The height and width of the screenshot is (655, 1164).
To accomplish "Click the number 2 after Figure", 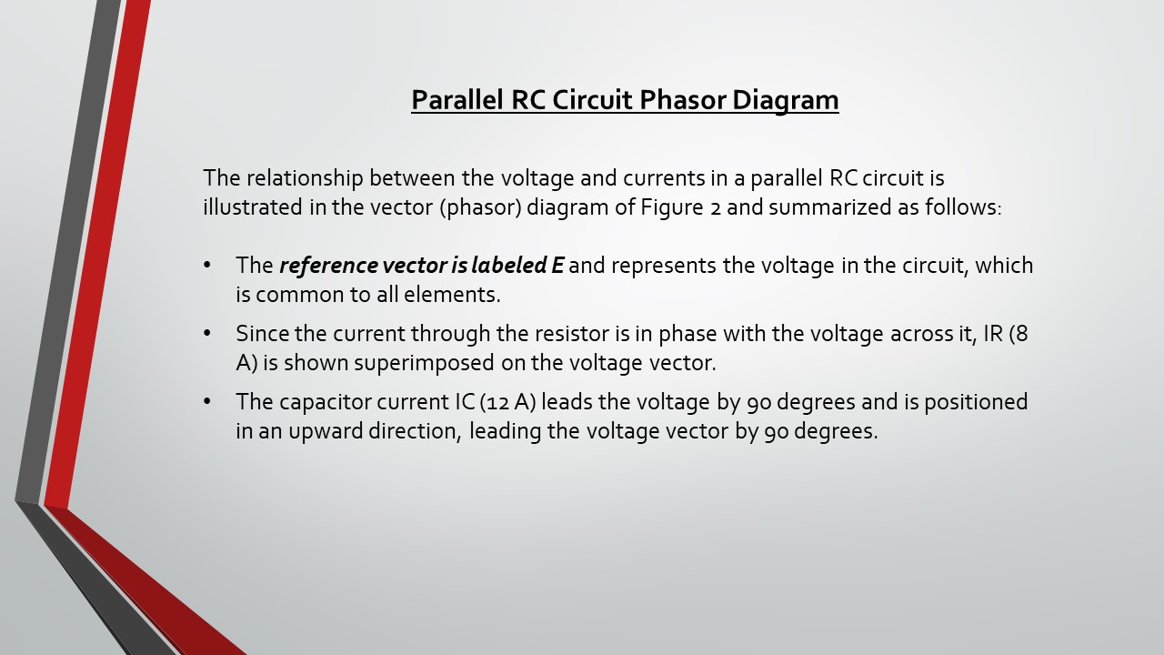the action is (x=715, y=209).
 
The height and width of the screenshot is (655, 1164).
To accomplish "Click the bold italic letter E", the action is (x=557, y=266).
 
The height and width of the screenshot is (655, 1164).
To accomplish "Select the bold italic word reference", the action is (x=328, y=266).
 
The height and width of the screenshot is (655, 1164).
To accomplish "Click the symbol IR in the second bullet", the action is (x=993, y=334).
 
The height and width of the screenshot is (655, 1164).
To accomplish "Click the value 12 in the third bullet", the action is (x=497, y=403).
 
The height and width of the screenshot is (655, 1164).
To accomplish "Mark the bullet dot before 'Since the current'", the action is (x=207, y=334).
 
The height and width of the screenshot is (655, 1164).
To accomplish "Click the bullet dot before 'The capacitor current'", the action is (x=207, y=402).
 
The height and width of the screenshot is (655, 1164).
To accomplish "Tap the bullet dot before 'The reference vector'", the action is (x=207, y=266).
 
